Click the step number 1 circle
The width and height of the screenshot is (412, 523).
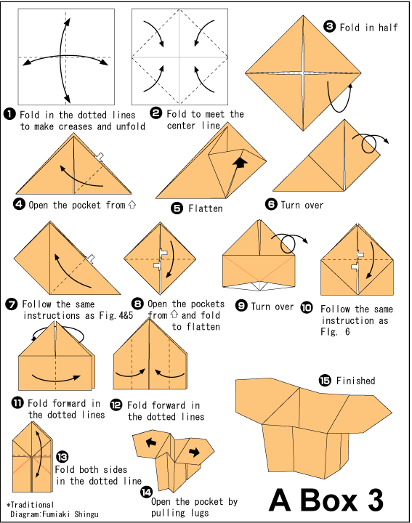tap(9, 114)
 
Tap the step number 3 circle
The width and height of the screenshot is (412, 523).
tap(330, 26)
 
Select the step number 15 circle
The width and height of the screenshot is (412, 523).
tap(325, 380)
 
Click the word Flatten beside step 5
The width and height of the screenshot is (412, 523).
tap(206, 208)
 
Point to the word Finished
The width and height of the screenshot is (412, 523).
tap(355, 381)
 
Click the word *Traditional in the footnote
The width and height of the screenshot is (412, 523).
tap(30, 505)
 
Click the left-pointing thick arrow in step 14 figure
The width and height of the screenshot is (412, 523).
tap(151, 442)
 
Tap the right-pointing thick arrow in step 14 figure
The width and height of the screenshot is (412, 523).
tap(194, 453)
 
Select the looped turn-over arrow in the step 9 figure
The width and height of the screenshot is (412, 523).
tap(288, 244)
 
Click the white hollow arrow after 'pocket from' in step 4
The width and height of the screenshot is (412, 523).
tap(132, 204)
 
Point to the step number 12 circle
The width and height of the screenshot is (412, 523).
tap(116, 405)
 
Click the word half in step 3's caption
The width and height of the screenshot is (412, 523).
tap(388, 28)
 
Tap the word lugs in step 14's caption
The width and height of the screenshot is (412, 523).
tap(199, 513)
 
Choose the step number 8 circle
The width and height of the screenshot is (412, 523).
tap(137, 304)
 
